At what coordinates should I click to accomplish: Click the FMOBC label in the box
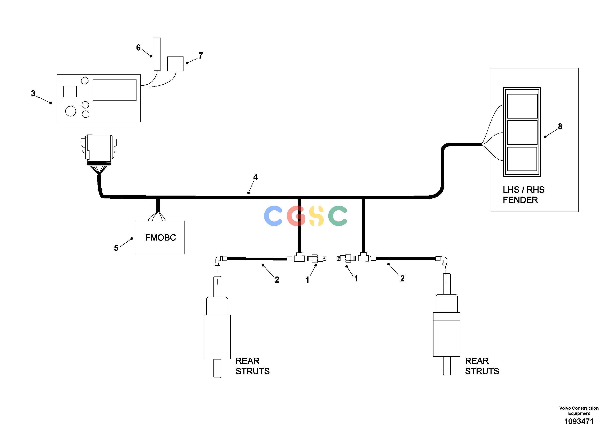click(160, 238)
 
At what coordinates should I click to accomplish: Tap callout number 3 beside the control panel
click(33, 93)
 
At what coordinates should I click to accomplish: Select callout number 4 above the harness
click(256, 177)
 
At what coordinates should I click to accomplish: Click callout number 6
click(138, 48)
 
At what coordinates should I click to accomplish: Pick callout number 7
click(201, 56)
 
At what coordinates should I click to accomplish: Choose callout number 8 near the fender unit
click(560, 127)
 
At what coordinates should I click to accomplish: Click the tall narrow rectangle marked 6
click(157, 54)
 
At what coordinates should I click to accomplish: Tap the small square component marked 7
click(175, 64)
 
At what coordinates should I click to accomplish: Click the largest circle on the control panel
click(71, 111)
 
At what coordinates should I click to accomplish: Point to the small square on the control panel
click(70, 92)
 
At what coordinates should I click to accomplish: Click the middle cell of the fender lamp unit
click(522, 133)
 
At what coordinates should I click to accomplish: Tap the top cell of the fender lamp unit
click(522, 106)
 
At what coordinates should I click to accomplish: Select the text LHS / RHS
click(523, 190)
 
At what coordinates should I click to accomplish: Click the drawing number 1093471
click(579, 421)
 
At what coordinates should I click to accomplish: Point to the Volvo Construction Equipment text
click(579, 410)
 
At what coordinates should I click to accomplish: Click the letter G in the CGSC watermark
click(296, 216)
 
